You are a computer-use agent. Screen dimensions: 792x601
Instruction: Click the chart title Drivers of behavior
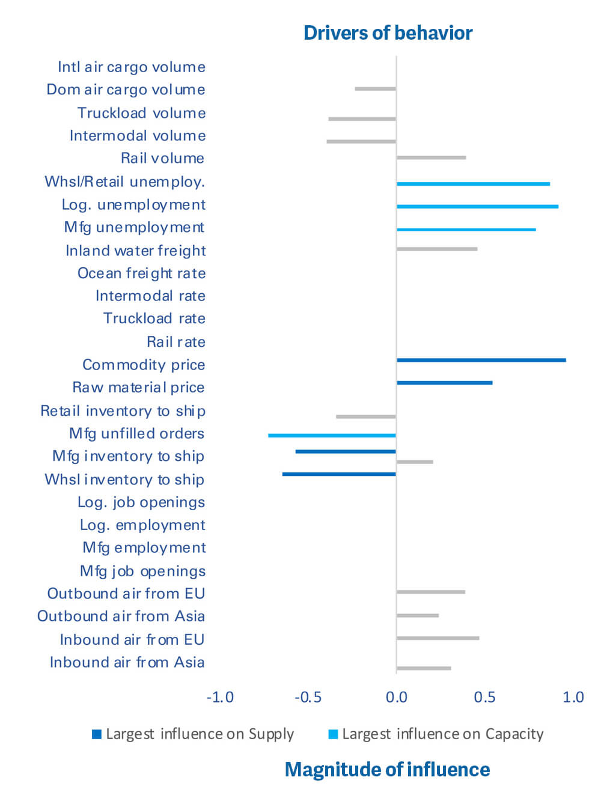click(388, 32)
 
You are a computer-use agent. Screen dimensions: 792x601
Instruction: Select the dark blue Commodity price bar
click(481, 360)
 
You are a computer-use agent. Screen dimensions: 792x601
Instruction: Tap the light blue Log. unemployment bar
click(477, 206)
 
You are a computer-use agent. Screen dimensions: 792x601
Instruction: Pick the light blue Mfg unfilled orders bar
click(332, 435)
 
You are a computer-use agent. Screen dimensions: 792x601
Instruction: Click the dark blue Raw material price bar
click(444, 383)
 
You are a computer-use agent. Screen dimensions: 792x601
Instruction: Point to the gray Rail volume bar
click(431, 157)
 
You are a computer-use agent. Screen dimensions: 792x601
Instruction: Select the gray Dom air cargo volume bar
click(375, 89)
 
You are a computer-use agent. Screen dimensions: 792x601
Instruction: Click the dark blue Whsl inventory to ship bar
click(339, 474)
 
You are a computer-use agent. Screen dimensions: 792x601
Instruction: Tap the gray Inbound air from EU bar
click(438, 638)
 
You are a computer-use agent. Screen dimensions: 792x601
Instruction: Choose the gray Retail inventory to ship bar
click(365, 416)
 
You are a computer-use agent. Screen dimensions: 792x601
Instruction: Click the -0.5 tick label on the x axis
click(308, 697)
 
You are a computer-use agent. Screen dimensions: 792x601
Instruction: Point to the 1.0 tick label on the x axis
click(573, 697)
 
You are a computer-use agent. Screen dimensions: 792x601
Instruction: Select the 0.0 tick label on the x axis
click(396, 697)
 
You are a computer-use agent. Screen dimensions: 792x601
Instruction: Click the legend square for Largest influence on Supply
click(96, 734)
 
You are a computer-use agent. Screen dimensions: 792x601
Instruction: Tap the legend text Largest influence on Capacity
click(442, 734)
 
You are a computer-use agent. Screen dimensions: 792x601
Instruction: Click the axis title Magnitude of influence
click(387, 769)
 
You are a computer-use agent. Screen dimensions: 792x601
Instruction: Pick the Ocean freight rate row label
click(141, 273)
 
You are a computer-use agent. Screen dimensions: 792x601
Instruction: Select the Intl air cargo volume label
click(131, 67)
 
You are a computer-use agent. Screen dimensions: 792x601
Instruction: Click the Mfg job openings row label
click(142, 571)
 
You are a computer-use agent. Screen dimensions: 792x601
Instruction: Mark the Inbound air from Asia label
click(127, 662)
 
